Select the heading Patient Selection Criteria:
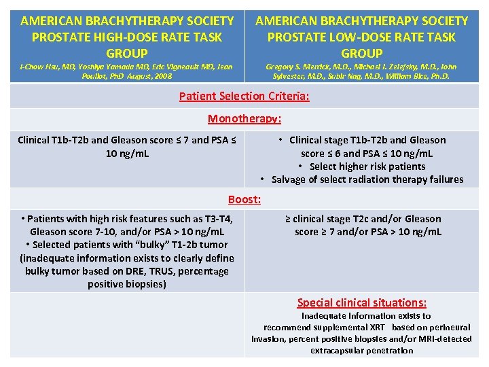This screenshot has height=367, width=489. tap(244, 96)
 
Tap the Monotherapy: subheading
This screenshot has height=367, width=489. tap(244, 118)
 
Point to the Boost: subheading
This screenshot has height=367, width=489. tap(244, 199)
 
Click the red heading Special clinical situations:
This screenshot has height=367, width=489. tap(362, 302)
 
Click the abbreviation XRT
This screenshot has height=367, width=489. tap(375, 328)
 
